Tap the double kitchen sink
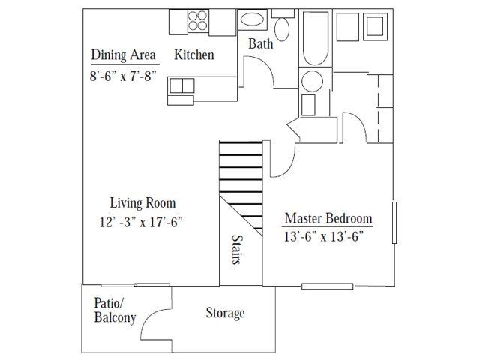(x=181, y=85)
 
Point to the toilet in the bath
(x=282, y=28)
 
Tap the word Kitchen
(x=194, y=55)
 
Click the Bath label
(x=260, y=44)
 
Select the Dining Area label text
(x=123, y=55)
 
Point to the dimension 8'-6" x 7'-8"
(x=123, y=75)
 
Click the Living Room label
(x=142, y=202)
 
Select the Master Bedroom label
(x=328, y=219)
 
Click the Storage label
(x=225, y=313)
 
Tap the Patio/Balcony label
(x=115, y=310)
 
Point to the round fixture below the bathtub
(x=310, y=80)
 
